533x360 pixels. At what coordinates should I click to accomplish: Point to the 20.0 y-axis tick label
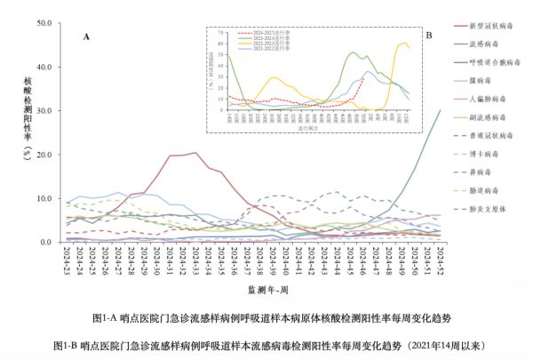44,155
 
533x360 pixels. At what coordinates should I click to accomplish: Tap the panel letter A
87,36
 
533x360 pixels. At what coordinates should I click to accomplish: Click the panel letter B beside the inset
429,36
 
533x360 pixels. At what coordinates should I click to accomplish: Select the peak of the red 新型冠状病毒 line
195,153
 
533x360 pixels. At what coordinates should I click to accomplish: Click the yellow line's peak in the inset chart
405,42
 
